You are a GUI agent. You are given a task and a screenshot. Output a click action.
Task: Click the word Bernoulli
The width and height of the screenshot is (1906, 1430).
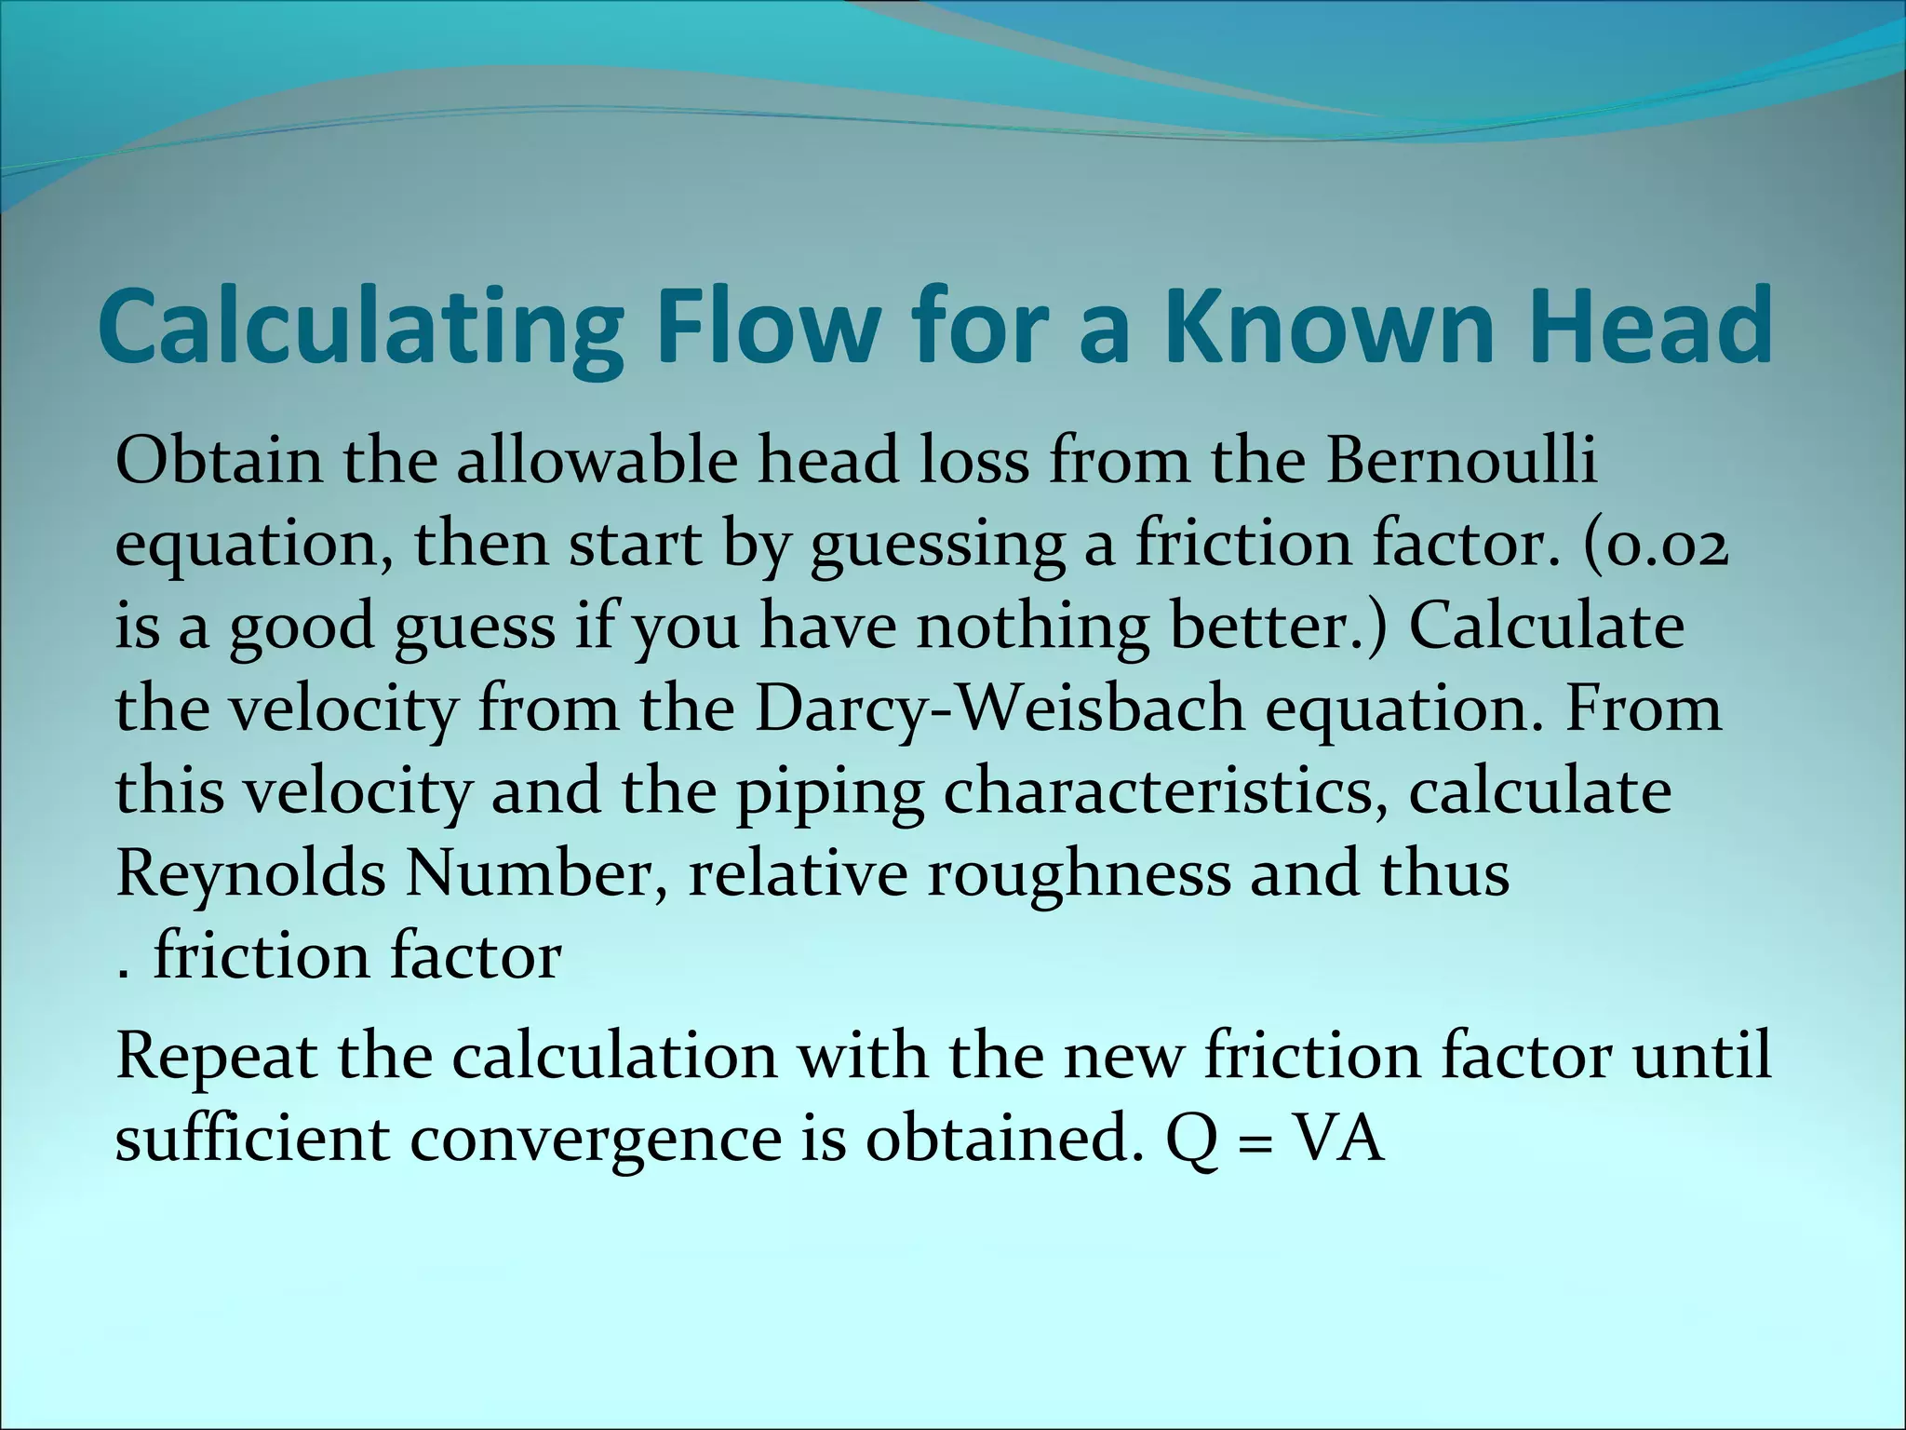pyautogui.click(x=1460, y=459)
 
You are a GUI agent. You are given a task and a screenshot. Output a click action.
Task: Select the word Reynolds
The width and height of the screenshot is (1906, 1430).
pyautogui.click(x=250, y=873)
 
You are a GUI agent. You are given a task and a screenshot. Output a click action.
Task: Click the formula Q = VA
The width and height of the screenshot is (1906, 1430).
pyautogui.click(x=1274, y=1140)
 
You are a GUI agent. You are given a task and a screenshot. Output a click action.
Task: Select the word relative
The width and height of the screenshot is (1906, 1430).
pyautogui.click(x=798, y=873)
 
